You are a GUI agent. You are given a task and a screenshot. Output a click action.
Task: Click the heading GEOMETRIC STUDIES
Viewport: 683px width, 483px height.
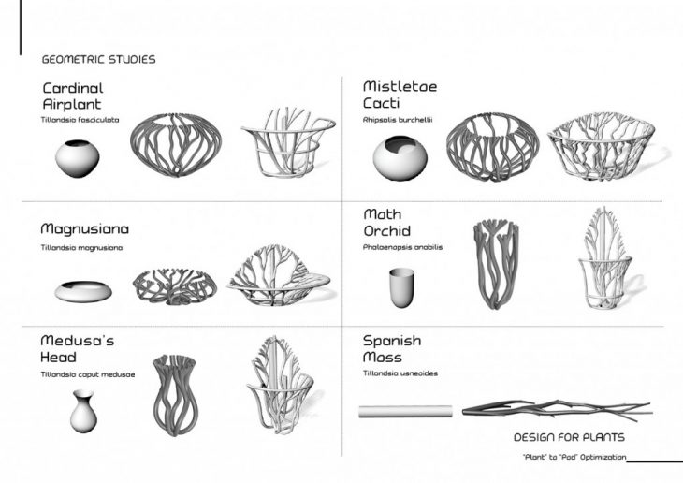click(x=98, y=59)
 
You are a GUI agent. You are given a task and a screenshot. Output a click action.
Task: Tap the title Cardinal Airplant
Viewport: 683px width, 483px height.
click(x=72, y=96)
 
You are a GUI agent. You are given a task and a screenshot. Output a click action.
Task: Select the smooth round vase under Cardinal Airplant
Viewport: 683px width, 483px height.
click(x=77, y=158)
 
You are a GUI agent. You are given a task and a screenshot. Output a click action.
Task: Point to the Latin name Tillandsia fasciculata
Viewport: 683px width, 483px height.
click(x=80, y=119)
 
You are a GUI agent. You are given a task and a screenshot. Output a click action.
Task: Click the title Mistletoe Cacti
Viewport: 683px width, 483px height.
click(x=400, y=95)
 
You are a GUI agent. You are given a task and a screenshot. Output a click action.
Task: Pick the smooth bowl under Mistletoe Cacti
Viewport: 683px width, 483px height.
click(x=400, y=157)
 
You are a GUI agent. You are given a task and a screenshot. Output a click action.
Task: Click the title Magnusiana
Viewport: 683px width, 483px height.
click(x=84, y=228)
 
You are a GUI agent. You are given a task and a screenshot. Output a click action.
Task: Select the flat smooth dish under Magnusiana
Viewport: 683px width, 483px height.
click(x=82, y=291)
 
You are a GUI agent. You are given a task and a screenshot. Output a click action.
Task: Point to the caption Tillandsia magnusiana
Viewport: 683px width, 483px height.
click(x=82, y=247)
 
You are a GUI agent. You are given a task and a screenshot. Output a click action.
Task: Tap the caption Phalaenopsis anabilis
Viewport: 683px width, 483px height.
click(x=402, y=247)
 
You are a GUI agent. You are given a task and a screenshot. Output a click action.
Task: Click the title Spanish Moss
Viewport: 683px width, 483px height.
click(x=392, y=349)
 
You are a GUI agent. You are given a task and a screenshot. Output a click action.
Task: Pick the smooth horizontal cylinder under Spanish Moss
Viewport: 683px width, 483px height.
click(x=406, y=410)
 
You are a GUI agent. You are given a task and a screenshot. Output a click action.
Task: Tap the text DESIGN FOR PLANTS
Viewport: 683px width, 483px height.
click(x=569, y=437)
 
